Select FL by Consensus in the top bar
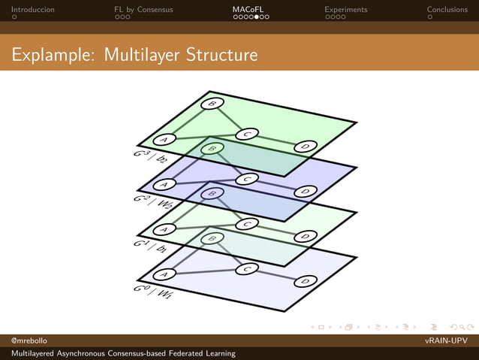coord(143,10)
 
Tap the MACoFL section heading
coord(247,10)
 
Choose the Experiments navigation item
coord(345,10)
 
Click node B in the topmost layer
coord(212,104)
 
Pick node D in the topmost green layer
coord(305,147)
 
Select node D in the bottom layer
coord(305,281)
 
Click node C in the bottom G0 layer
coord(247,268)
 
